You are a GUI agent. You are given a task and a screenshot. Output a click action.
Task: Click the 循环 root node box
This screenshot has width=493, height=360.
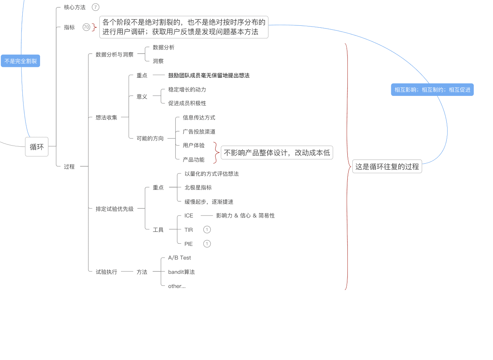pyautogui.click(x=37, y=147)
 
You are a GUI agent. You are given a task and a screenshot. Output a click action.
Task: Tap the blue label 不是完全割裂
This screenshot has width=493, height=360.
pyautogui.click(x=20, y=61)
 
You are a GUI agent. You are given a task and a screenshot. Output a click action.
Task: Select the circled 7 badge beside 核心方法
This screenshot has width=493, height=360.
pyautogui.click(x=96, y=7)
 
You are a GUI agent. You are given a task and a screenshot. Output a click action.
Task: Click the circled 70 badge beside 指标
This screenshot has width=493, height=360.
pyautogui.click(x=86, y=27)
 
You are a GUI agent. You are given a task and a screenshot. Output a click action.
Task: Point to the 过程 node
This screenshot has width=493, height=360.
pyautogui.click(x=69, y=167)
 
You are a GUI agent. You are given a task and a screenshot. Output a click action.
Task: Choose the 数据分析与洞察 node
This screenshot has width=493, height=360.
pyautogui.click(x=114, y=55)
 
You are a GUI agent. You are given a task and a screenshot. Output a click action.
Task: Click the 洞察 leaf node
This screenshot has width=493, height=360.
pyautogui.click(x=158, y=61)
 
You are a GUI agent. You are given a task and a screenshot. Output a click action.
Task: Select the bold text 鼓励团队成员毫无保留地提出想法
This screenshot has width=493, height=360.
pyautogui.click(x=209, y=75)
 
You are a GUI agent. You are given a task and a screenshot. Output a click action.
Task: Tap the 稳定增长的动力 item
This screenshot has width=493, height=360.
pyautogui.click(x=187, y=89)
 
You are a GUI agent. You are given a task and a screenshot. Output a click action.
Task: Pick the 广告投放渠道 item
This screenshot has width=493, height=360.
pyautogui.click(x=199, y=131)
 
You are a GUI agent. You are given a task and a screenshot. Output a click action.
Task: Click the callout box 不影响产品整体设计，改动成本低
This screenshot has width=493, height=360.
pyautogui.click(x=277, y=152)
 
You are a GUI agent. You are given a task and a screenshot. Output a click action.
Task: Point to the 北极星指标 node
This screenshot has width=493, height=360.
pyautogui.click(x=198, y=188)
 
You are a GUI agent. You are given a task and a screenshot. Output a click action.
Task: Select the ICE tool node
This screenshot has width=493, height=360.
pyautogui.click(x=189, y=216)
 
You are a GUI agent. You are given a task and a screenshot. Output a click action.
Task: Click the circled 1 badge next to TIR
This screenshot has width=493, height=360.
pyautogui.click(x=207, y=229)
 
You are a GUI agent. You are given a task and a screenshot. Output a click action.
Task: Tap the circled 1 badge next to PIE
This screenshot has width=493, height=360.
pyautogui.click(x=207, y=244)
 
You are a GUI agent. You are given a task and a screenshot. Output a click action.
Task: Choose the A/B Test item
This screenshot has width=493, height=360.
pyautogui.click(x=179, y=258)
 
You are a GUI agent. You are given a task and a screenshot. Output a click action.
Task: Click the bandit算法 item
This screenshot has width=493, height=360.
pyautogui.click(x=181, y=272)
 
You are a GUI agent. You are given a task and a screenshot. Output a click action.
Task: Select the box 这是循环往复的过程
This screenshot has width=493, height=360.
pyautogui.click(x=387, y=166)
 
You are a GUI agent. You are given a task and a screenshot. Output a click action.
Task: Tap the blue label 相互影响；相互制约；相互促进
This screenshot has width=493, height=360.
pyautogui.click(x=432, y=90)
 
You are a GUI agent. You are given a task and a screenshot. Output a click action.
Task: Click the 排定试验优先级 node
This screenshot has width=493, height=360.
pyautogui.click(x=114, y=209)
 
